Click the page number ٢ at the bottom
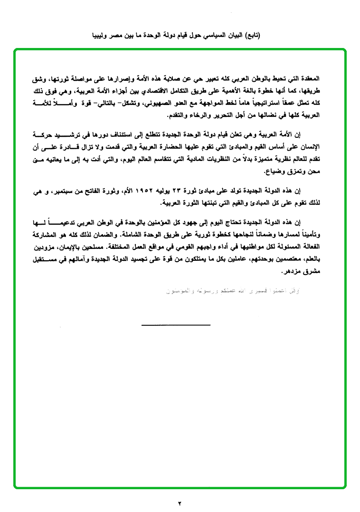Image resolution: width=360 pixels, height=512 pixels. [180, 503]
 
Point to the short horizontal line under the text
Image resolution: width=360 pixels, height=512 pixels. [176, 324]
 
